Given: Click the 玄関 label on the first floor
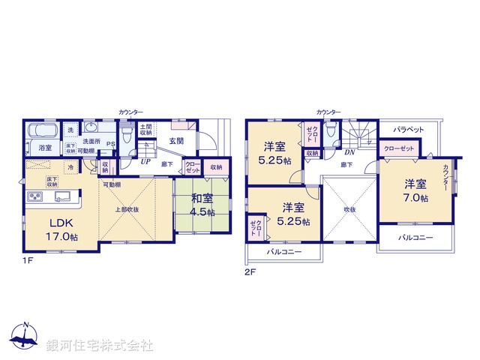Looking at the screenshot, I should click(176, 140).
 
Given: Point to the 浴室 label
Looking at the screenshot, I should click(44, 148).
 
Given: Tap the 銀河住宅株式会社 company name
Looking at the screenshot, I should click(99, 346).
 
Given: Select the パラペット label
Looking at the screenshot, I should click(408, 129).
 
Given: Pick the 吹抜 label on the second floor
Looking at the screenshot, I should click(350, 209).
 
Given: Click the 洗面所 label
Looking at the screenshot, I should click(92, 141).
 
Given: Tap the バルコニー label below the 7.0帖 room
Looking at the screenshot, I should click(415, 236).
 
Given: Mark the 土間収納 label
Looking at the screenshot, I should click(146, 129).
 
